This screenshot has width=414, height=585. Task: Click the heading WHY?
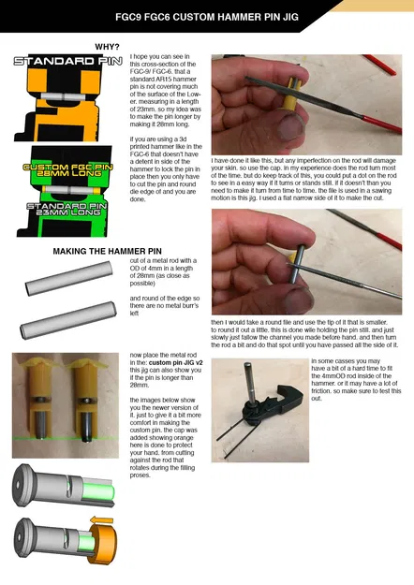click(107, 46)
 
